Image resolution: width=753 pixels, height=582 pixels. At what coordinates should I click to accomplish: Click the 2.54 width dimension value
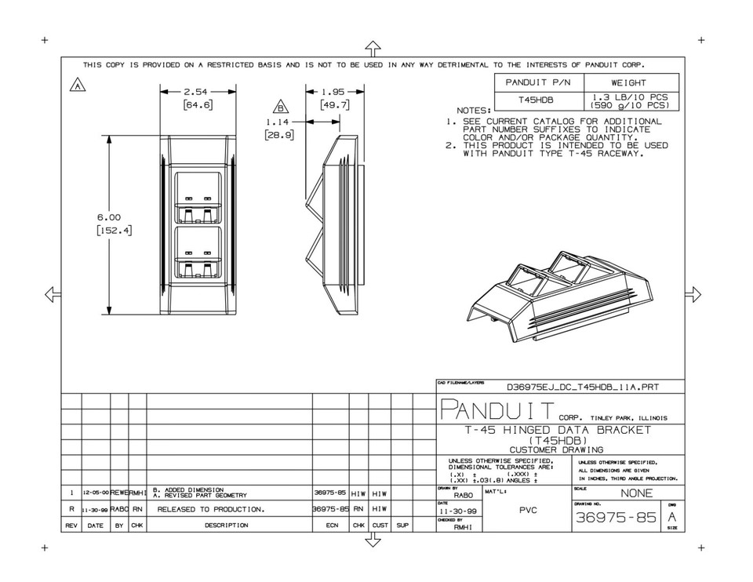189,92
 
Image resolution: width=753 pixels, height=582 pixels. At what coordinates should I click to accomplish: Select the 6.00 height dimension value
108,217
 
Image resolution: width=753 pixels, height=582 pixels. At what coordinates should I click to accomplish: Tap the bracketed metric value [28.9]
278,136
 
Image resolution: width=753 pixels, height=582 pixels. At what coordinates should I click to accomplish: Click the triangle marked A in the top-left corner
78,85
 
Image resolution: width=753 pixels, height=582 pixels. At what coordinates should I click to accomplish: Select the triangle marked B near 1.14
281,108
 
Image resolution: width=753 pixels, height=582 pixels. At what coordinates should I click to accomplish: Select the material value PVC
527,510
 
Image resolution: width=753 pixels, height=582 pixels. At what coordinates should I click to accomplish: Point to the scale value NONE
636,494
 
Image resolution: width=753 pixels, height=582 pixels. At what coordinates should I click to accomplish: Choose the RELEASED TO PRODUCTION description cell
211,509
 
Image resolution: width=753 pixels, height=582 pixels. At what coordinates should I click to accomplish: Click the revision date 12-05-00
96,493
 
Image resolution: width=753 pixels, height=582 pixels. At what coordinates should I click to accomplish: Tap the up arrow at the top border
373,48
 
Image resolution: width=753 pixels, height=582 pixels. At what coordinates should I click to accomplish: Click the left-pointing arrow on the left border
53,294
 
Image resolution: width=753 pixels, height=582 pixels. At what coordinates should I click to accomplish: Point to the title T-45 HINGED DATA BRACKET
556,430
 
